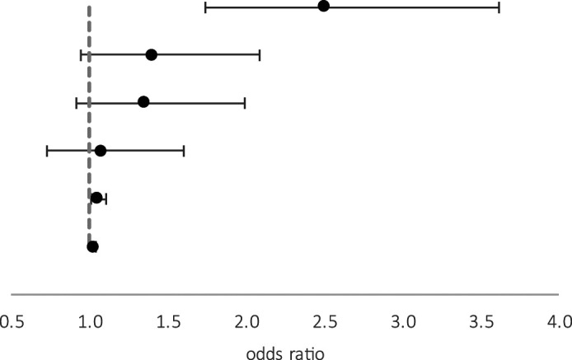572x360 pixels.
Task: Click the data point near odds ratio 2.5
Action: (x=324, y=6)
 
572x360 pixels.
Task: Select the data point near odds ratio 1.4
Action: (x=152, y=55)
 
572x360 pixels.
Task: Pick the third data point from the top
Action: (x=143, y=102)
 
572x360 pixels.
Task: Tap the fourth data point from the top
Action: (x=101, y=151)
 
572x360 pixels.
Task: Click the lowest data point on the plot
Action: (x=92, y=247)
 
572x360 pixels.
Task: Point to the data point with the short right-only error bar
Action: (x=96, y=198)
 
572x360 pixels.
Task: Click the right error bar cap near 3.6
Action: (x=499, y=7)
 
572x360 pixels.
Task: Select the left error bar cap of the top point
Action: (x=205, y=7)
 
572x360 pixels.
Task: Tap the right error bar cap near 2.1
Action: (x=260, y=55)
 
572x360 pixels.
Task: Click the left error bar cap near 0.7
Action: (x=47, y=151)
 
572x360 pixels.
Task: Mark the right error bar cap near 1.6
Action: (x=184, y=151)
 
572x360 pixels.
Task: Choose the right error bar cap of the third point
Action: (x=245, y=103)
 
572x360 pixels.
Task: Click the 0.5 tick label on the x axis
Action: (x=12, y=322)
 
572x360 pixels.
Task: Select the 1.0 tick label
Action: (x=90, y=322)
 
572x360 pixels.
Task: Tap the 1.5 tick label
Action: (x=168, y=322)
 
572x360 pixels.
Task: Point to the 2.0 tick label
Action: (x=247, y=322)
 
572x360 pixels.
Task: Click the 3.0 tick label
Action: (x=404, y=322)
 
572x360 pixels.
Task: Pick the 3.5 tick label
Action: (x=481, y=322)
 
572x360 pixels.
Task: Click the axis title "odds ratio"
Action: (x=285, y=353)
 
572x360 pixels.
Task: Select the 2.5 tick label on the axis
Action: (x=325, y=322)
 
